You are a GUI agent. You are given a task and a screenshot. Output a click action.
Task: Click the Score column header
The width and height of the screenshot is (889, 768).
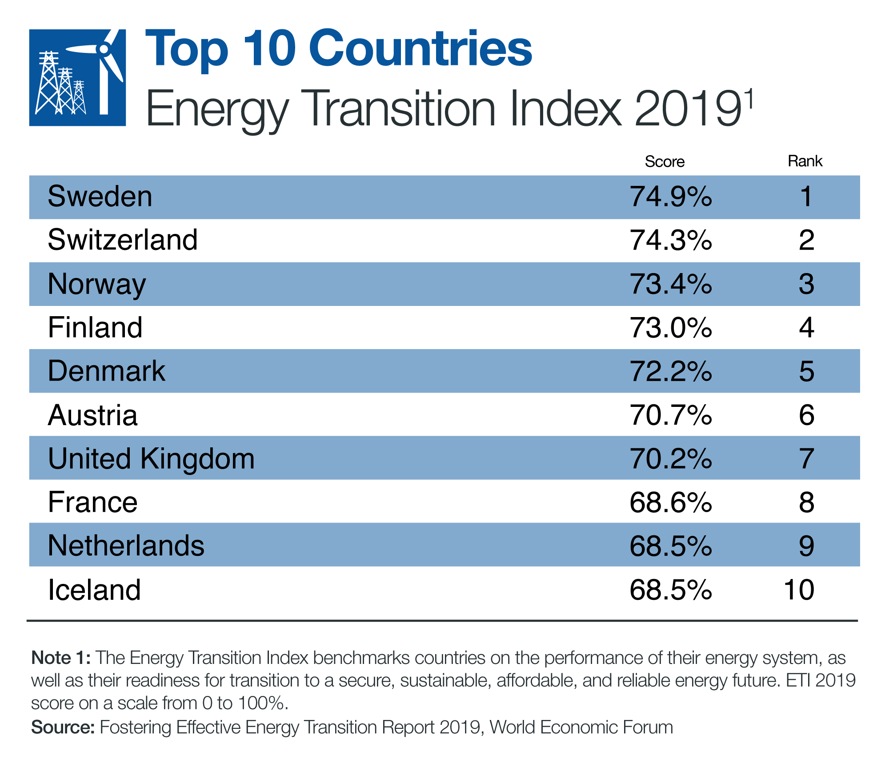(664, 161)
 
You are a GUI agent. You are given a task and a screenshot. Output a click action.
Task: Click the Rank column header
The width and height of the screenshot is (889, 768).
(805, 161)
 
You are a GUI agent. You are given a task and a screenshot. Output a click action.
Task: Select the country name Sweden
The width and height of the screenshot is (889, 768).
(100, 197)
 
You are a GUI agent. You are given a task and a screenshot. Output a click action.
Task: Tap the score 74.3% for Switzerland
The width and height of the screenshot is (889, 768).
(671, 240)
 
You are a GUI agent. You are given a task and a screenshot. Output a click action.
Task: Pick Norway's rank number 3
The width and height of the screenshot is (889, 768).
(806, 284)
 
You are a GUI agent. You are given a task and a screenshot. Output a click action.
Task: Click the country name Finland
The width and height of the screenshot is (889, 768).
(95, 328)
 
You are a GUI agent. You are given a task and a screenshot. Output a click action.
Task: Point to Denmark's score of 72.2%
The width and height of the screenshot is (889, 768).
(671, 371)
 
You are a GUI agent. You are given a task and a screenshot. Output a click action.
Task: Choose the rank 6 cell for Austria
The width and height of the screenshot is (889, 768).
(806, 415)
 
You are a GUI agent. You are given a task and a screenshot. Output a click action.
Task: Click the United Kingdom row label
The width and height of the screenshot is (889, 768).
(151, 458)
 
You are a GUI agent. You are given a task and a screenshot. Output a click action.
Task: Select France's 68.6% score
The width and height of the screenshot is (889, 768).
(671, 502)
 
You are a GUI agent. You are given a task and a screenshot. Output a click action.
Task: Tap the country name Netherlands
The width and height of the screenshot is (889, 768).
(126, 546)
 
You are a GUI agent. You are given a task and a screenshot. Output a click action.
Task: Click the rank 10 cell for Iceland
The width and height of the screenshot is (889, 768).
(799, 590)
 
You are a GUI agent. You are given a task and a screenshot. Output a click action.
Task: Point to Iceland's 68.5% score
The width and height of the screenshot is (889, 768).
(671, 590)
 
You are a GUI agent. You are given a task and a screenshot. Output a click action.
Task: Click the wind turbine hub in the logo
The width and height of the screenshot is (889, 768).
(103, 48)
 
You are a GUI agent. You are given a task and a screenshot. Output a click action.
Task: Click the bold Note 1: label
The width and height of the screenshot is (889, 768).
(61, 658)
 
